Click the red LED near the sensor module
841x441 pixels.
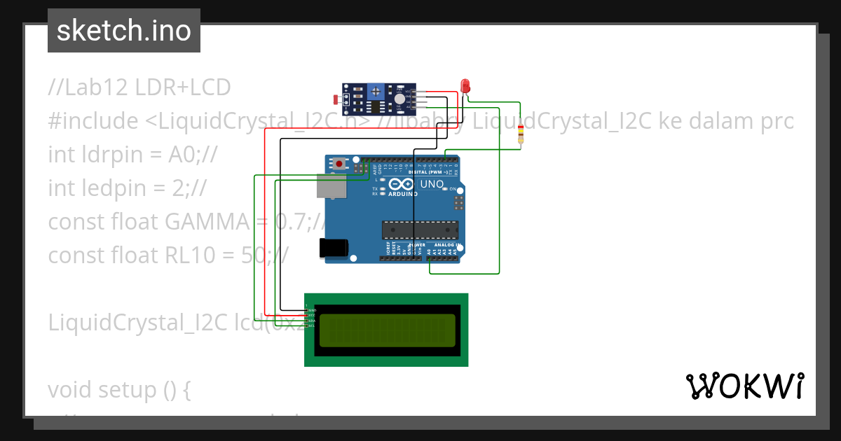pos(465,86)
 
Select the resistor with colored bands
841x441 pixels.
pos(520,133)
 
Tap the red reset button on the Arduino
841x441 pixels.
pos(340,164)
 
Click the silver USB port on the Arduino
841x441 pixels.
pos(330,185)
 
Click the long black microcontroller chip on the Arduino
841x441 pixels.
pos(420,230)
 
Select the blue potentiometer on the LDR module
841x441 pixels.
pos(376,92)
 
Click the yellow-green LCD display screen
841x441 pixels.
pos(387,331)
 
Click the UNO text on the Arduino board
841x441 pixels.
pos(432,185)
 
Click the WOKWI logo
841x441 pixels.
pos(744,386)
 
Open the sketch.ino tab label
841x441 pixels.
pos(123,31)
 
